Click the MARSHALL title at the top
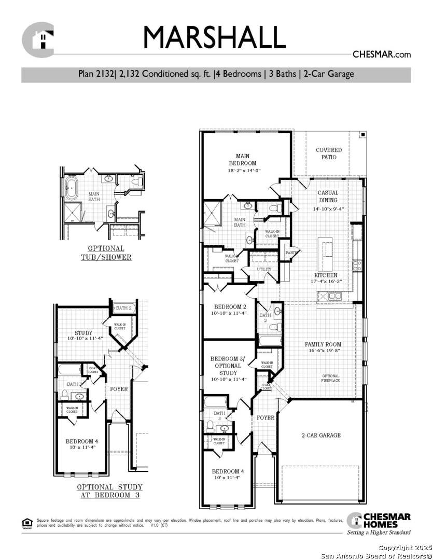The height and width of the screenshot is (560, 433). [214, 37]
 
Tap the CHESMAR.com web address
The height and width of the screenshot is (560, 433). [381, 54]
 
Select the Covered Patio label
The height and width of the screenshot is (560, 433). [329, 153]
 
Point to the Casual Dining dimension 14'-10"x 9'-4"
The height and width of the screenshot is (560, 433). [328, 209]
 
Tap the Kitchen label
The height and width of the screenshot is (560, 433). [326, 275]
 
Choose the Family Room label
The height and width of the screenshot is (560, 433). [323, 344]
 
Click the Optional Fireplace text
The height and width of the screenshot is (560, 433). [330, 378]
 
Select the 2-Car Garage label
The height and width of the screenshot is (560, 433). [321, 435]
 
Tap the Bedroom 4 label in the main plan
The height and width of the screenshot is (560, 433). [226, 471]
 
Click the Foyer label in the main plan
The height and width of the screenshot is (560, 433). [266, 417]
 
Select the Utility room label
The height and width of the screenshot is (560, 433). [263, 269]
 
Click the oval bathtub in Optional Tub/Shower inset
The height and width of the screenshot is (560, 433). [70, 188]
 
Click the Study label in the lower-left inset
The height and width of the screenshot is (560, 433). [83, 333]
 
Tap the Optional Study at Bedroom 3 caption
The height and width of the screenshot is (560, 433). [109, 491]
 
